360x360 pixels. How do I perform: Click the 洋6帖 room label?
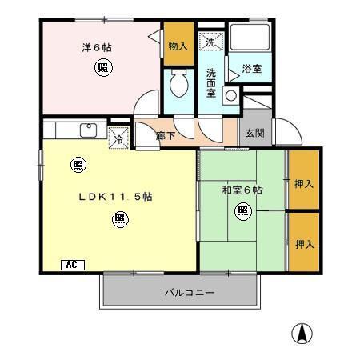(x=96, y=47)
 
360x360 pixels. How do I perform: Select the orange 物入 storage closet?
(x=176, y=46)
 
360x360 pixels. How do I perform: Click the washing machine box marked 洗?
(x=210, y=42)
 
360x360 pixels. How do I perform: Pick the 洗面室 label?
(x=210, y=76)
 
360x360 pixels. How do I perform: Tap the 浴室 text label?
(x=252, y=70)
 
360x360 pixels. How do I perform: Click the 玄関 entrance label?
(x=256, y=134)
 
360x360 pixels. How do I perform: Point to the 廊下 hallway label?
(x=166, y=136)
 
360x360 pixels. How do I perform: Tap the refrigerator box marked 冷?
(x=118, y=136)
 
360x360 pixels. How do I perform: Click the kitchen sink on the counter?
(x=86, y=130)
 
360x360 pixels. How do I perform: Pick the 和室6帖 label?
(x=242, y=190)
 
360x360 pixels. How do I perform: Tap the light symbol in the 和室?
(x=242, y=211)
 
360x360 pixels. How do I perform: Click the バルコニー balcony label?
(x=190, y=294)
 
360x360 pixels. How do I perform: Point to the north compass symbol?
(x=303, y=333)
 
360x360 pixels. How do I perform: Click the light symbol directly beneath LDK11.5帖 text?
(x=118, y=217)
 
